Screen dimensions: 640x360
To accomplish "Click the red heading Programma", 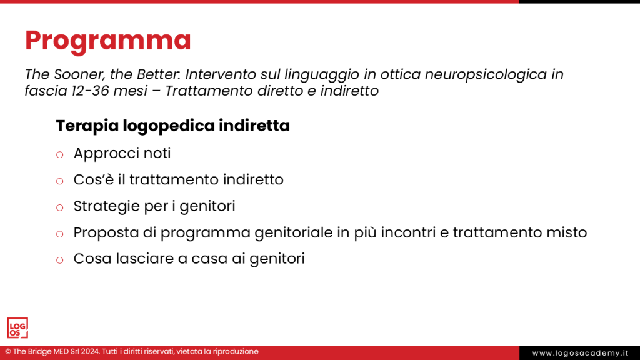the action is pos(107,41).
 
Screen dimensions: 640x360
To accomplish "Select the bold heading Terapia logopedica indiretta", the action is pos(172,126).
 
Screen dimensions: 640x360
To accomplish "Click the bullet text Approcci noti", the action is pos(122,153).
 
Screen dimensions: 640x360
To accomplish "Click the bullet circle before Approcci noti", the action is pos(60,154).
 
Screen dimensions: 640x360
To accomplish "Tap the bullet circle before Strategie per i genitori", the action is pos(60,207).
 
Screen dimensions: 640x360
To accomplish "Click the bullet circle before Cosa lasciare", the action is pos(60,260).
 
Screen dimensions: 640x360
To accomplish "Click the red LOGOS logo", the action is pos(17,328).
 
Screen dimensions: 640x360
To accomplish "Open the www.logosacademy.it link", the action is pos(579,353).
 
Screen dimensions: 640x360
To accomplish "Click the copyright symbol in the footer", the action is pos(7,352).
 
